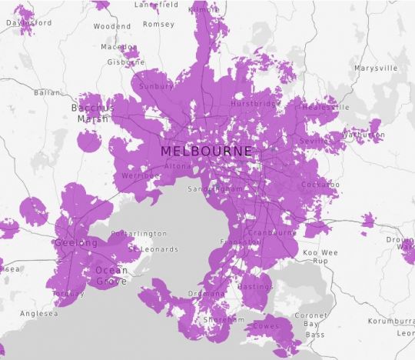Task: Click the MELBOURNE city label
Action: point(206,152)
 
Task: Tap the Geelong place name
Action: point(76,243)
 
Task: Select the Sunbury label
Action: point(156,87)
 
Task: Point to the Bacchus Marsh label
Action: point(92,113)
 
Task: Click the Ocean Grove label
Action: point(111,275)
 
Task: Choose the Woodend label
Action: point(112,25)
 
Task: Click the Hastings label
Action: point(257,286)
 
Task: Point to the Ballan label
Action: point(46,92)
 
